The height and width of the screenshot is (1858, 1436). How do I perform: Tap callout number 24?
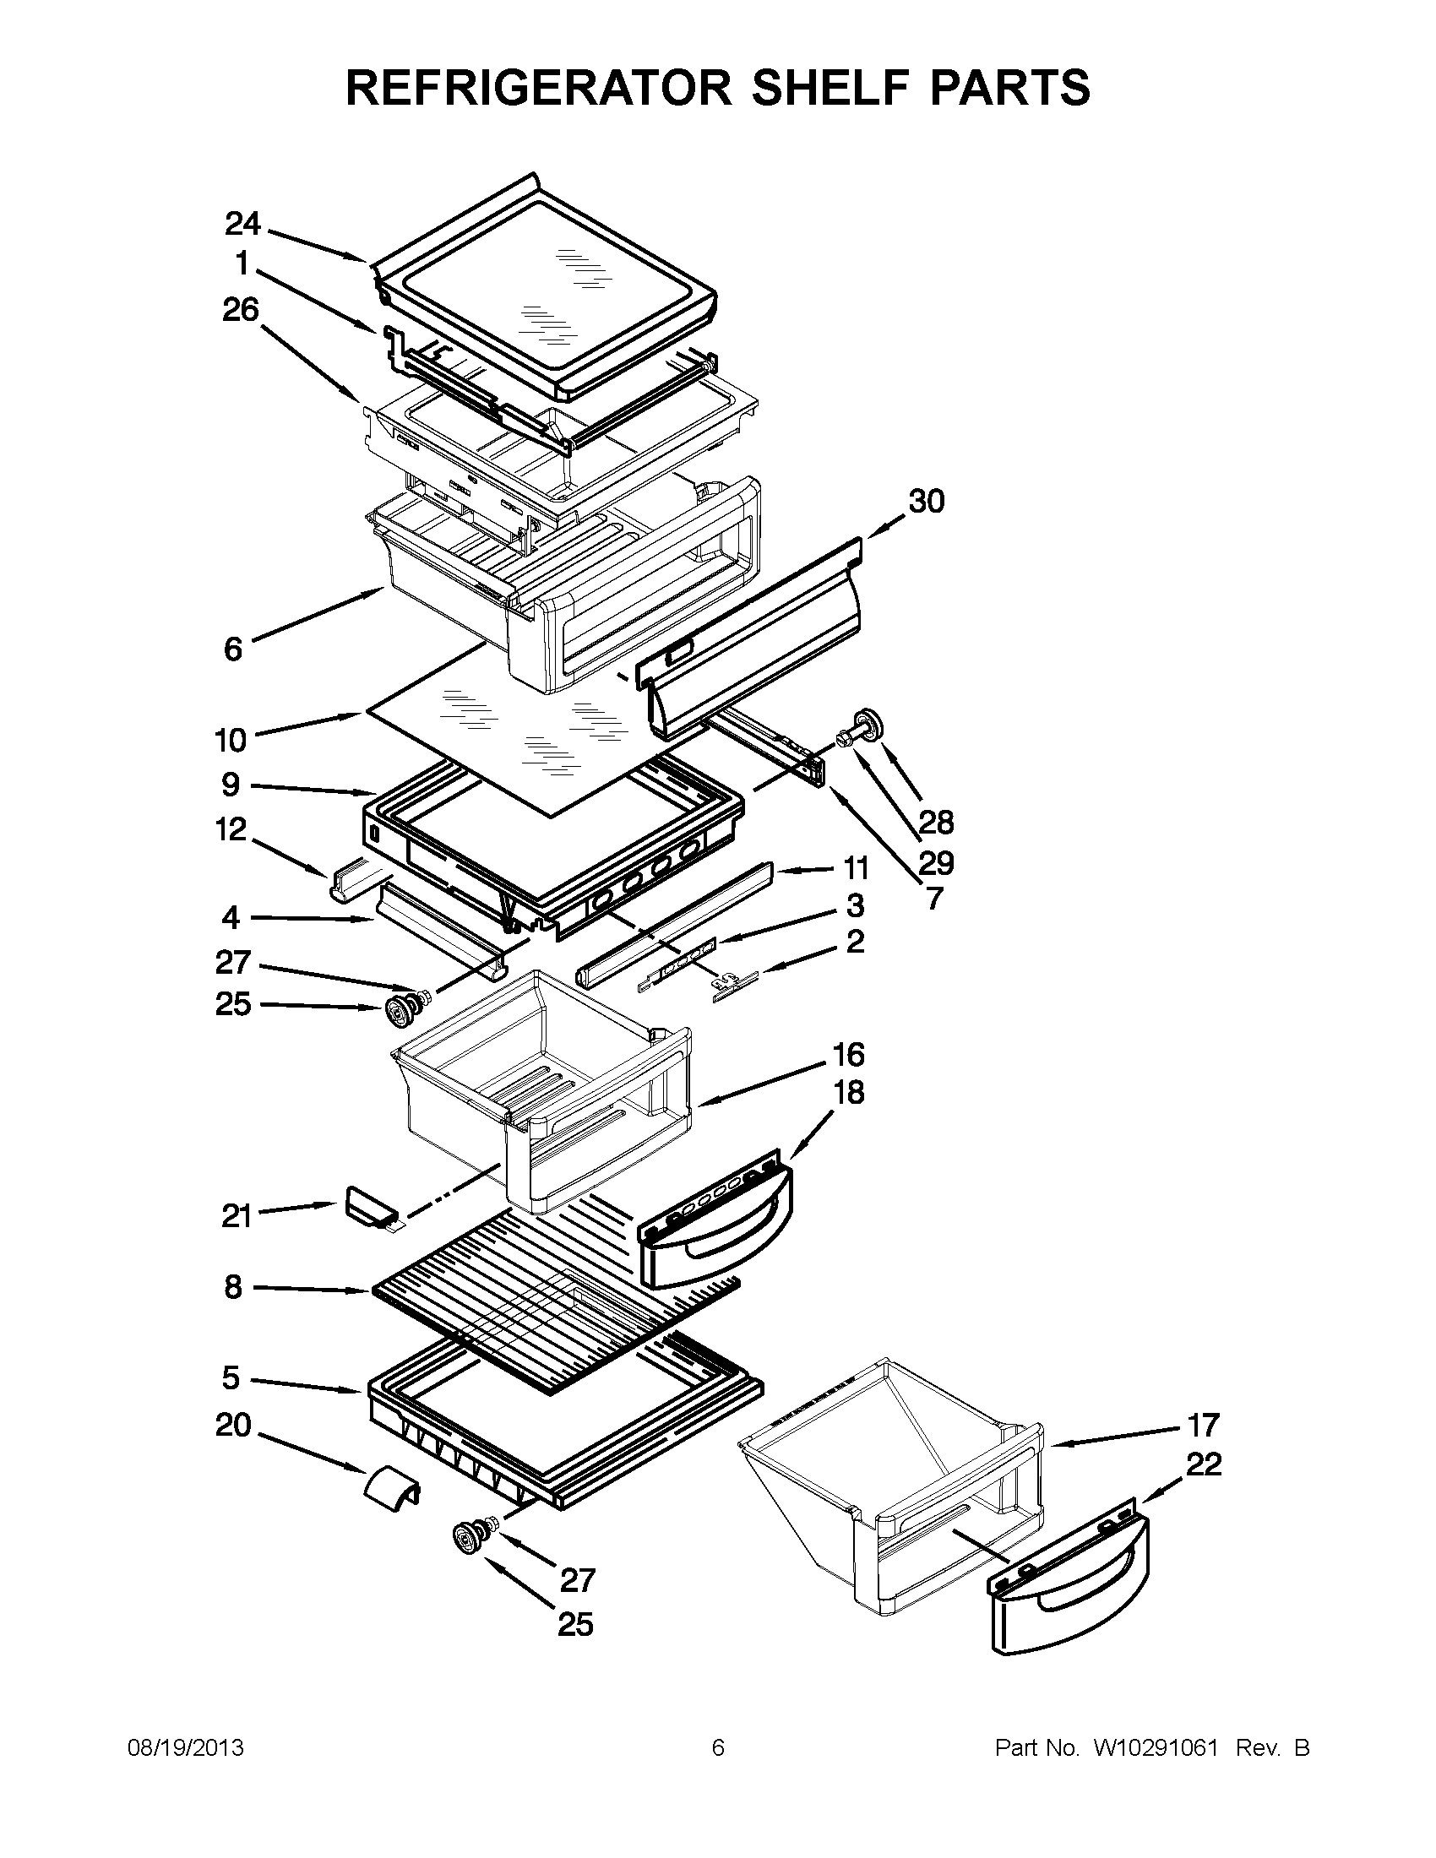242,224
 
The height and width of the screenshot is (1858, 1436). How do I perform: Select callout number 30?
927,501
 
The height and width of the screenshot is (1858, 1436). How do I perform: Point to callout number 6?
233,649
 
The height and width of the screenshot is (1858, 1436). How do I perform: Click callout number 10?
231,740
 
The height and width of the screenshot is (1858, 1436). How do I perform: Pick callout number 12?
231,829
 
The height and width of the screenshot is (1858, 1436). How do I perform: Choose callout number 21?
237,1216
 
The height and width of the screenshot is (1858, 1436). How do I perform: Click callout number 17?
1203,1423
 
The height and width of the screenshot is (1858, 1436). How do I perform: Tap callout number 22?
1203,1464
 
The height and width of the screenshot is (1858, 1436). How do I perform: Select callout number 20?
233,1424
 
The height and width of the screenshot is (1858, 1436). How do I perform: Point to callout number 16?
848,1055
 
